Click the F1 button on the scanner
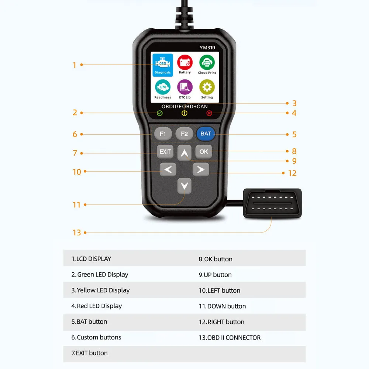click(163, 134)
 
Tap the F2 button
click(184, 134)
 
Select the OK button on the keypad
click(204, 151)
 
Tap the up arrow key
click(184, 152)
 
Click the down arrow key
click(184, 186)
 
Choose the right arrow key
click(201, 170)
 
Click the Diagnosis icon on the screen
click(163, 65)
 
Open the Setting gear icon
click(207, 89)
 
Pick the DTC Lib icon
click(185, 89)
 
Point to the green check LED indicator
click(160, 113)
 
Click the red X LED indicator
click(209, 113)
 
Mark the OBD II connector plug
click(272, 203)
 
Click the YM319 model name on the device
click(208, 47)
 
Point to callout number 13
click(77, 232)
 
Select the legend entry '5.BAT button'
click(89, 322)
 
